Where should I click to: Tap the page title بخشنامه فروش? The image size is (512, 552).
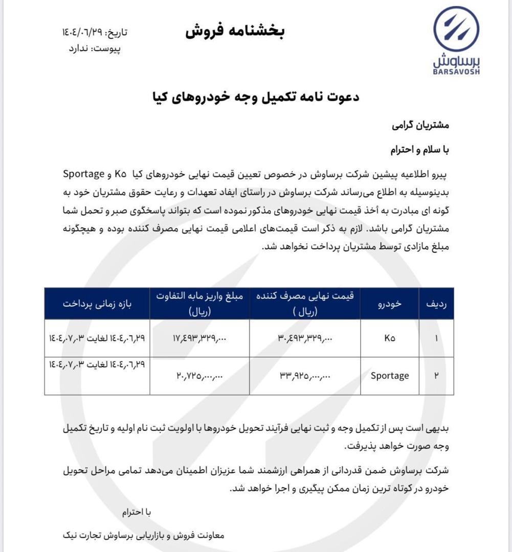pyautogui.click(x=235, y=32)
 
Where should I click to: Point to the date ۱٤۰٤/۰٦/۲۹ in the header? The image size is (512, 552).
pyautogui.click(x=83, y=33)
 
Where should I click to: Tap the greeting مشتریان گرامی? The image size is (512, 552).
pyautogui.click(x=420, y=125)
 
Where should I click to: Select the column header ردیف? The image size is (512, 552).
pyautogui.click(x=436, y=304)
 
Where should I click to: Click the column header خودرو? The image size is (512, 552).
pyautogui.click(x=390, y=304)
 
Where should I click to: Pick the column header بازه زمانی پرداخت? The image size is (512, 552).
pyautogui.click(x=97, y=304)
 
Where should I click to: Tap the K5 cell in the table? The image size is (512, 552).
pyautogui.click(x=390, y=338)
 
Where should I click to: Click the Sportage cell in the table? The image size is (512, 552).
pyautogui.click(x=390, y=376)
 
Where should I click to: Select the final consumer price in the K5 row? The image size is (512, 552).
pyautogui.click(x=305, y=338)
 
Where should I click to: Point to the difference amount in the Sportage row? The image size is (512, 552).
pyautogui.click(x=200, y=376)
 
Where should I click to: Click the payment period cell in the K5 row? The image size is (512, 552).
pyautogui.click(x=97, y=338)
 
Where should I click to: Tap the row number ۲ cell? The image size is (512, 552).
pyautogui.click(x=436, y=376)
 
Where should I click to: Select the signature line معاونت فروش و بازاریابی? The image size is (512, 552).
pyautogui.click(x=143, y=535)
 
